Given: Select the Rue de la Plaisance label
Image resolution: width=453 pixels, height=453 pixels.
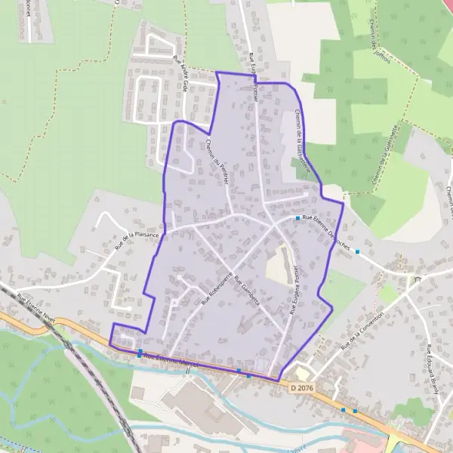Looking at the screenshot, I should click(x=137, y=240).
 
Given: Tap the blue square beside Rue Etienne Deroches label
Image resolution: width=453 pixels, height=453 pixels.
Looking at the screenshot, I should click(x=298, y=218).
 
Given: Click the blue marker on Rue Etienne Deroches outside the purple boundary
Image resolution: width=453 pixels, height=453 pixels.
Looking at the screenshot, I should click(x=358, y=251).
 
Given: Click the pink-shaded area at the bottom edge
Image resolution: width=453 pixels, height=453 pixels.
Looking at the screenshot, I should click(x=362, y=442).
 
